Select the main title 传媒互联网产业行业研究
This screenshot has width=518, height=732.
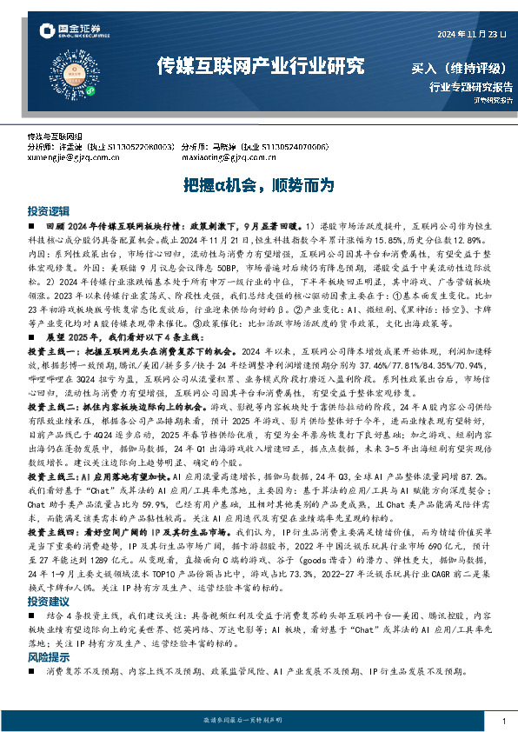260,67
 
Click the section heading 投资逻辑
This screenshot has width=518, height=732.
48,211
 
